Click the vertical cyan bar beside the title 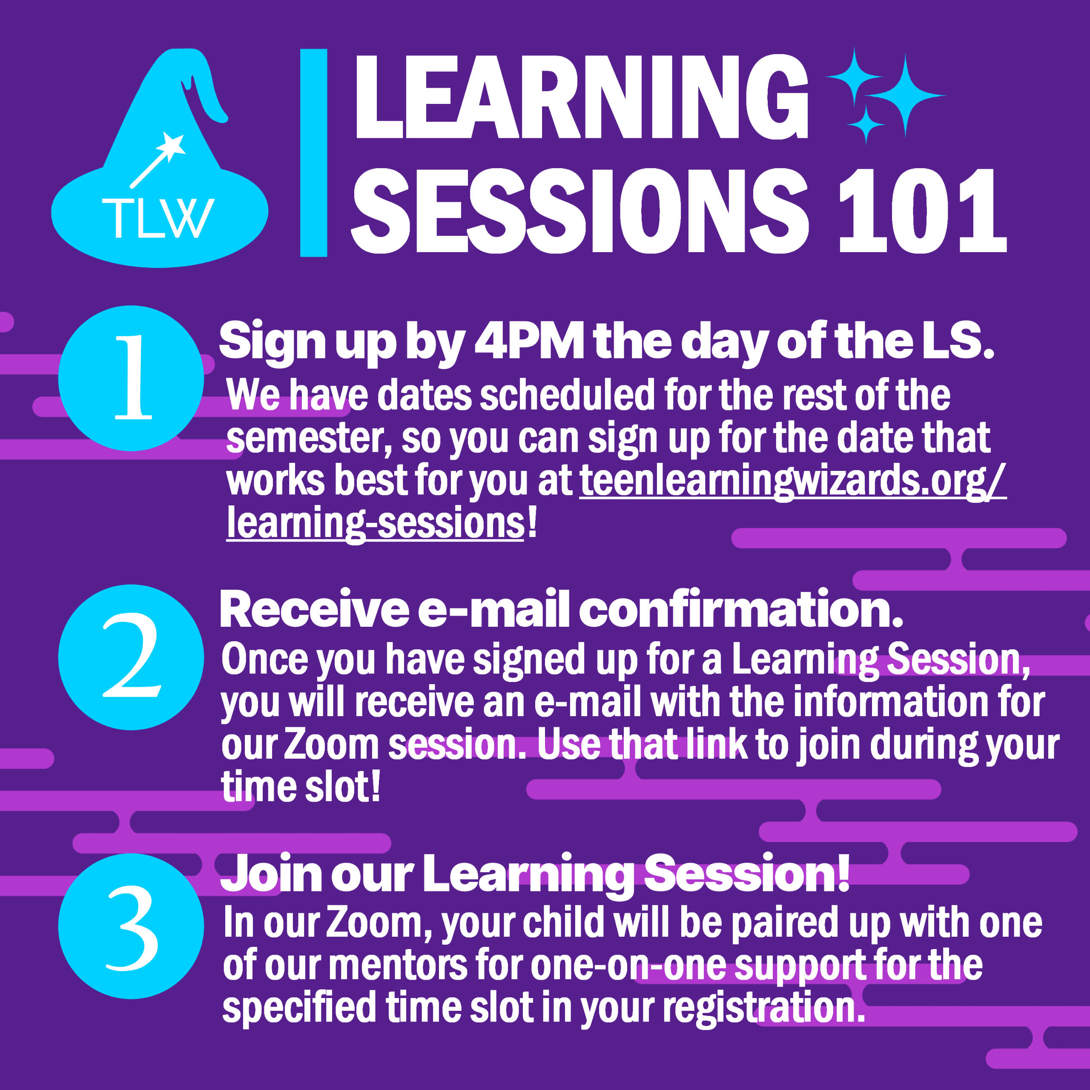(314, 153)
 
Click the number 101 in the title (922, 211)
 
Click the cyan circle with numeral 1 (131, 378)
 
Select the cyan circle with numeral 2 (131, 657)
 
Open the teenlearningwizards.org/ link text (793, 481)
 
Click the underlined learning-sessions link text (375, 524)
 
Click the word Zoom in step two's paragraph (331, 745)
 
